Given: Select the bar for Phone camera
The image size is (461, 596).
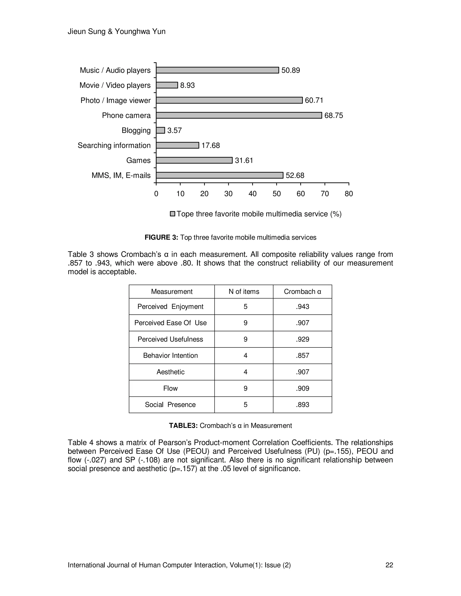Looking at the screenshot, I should tap(239, 115).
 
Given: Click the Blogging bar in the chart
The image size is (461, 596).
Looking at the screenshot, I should tap(160, 130).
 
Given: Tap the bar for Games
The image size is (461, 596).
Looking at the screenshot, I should tap(194, 160).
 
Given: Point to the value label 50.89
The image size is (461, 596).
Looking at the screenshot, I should tap(291, 70).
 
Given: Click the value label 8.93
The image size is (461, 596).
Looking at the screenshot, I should tap(187, 85).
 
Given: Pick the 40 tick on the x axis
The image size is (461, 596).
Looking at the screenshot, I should tap(252, 194).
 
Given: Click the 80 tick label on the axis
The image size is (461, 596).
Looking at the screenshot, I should tap(349, 194).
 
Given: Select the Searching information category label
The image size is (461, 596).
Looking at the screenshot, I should tap(114, 146).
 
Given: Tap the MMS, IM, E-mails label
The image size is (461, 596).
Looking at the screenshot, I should tap(121, 175).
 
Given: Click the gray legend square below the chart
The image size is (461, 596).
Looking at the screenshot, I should tap(172, 214).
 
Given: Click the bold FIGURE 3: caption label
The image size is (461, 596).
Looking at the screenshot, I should tap(161, 238).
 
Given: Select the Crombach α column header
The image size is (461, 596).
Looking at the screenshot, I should tap(302, 292).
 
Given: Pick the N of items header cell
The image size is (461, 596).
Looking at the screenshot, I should tap(244, 292).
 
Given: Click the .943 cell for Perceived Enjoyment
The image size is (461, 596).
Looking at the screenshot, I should tap(302, 307).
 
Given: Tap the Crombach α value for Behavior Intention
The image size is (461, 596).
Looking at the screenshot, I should tap(302, 356).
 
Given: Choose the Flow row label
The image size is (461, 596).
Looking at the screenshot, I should tap(170, 388).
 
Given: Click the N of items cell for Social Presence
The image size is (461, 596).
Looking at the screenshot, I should tap(245, 405).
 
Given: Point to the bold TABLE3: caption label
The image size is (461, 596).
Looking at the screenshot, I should tap(183, 426).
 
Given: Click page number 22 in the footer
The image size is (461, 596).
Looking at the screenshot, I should tap(389, 565).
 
